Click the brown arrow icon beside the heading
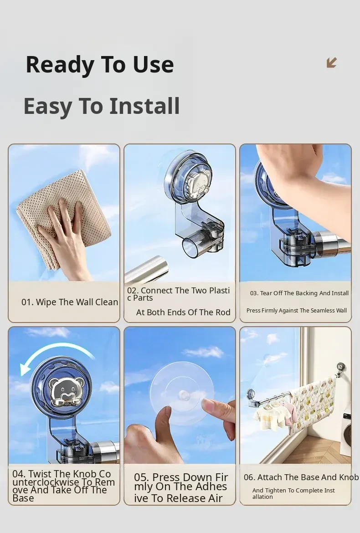[331, 62]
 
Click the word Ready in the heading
[60, 65]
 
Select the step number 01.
[27, 302]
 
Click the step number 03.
[254, 293]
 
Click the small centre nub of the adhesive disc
[185, 395]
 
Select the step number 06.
[249, 477]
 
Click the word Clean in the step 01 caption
[106, 302]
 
